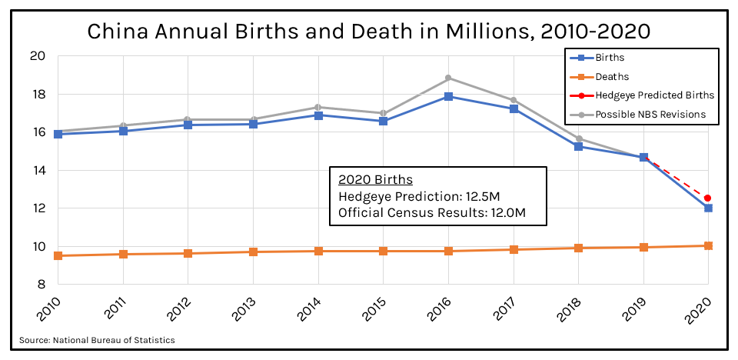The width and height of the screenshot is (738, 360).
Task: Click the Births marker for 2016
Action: click(448, 96)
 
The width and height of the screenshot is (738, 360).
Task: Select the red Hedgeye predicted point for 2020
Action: click(707, 198)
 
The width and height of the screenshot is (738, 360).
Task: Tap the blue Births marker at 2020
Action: click(707, 208)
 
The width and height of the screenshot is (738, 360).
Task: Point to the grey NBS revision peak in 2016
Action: click(448, 78)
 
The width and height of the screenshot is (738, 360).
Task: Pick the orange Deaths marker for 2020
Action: click(707, 245)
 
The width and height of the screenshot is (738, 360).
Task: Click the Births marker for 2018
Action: click(578, 146)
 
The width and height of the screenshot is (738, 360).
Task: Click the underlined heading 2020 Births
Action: click(375, 180)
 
